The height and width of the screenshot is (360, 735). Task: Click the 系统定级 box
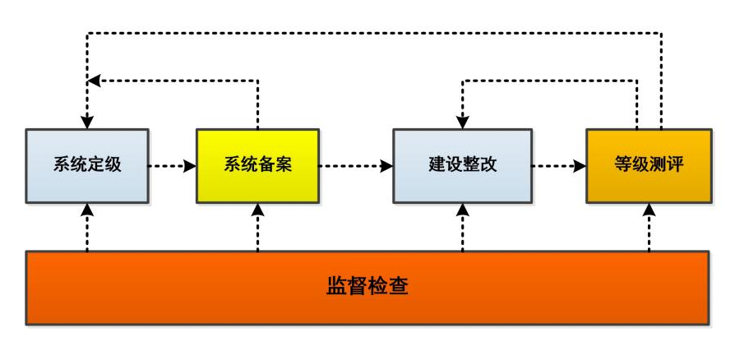[86, 165]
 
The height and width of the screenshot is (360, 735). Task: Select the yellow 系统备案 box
[257, 165]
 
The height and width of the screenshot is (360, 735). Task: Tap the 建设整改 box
[462, 165]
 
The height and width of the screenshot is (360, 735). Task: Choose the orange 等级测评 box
[648, 165]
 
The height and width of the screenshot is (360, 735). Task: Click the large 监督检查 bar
[367, 288]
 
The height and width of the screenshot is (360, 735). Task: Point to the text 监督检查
[367, 288]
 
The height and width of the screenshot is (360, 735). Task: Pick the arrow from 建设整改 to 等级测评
[558, 165]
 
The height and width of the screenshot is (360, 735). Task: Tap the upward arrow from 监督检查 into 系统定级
[86, 226]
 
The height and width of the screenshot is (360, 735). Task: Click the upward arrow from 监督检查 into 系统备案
[257, 226]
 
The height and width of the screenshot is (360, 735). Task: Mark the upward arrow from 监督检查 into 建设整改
[462, 226]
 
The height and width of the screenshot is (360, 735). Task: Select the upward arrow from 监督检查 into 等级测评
[649, 226]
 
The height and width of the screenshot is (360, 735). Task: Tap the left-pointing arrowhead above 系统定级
[94, 81]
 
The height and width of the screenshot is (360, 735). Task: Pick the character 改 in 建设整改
[488, 165]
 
